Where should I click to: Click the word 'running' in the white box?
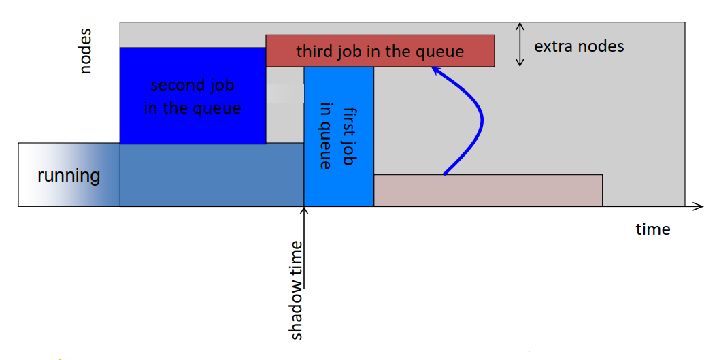[68, 176]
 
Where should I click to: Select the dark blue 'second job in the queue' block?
[193, 96]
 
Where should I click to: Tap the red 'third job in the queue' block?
[380, 51]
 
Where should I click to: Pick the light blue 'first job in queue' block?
[339, 136]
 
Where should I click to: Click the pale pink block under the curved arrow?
[488, 190]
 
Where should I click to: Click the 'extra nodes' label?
[579, 46]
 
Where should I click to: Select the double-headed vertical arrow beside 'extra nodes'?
[520, 44]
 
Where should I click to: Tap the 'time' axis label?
[653, 229]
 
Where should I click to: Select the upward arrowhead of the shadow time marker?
[304, 211]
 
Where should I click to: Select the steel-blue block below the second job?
[212, 174]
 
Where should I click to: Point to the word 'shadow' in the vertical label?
[297, 314]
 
